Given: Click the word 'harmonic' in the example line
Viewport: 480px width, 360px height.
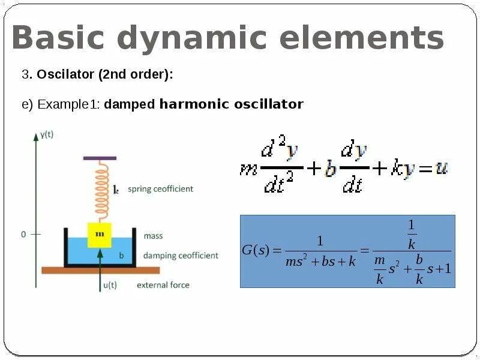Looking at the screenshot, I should tap(194, 104).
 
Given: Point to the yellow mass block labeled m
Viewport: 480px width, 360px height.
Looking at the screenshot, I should tap(100, 235).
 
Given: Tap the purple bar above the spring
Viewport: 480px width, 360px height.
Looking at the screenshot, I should tap(100, 158).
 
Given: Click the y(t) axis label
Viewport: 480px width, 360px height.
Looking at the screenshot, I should tap(47, 134).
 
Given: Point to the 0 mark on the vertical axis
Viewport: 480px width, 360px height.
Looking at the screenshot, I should tap(24, 235).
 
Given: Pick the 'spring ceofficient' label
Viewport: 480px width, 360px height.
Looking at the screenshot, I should tap(160, 189).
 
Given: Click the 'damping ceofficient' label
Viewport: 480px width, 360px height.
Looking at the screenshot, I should tap(181, 256).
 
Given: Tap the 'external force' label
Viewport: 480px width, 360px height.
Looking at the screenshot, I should tap(163, 285).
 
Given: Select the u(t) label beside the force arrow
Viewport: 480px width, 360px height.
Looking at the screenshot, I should tap(110, 285).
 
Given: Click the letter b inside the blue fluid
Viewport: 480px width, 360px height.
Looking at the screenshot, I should tap(121, 255).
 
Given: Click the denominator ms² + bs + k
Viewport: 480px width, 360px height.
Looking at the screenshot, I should tap(320, 262).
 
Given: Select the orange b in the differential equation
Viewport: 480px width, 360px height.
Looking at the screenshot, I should tap(330, 169).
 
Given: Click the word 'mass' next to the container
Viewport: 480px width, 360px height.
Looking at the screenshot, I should tap(153, 236).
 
